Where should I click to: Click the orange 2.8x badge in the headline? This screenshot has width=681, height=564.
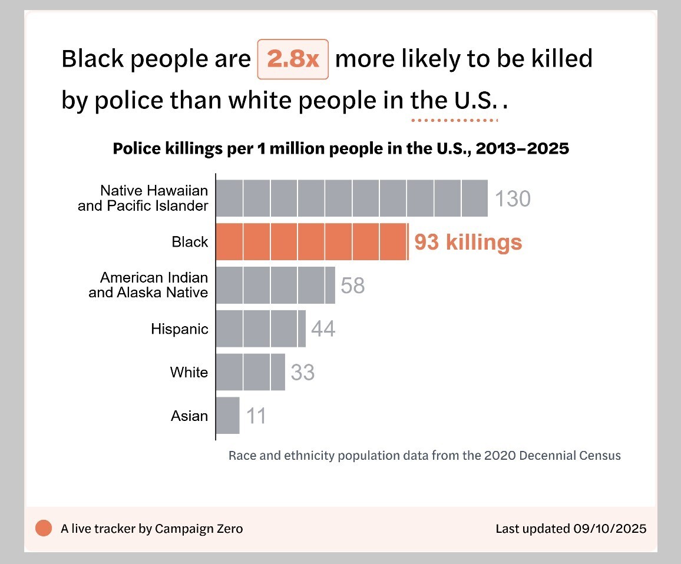point(293,59)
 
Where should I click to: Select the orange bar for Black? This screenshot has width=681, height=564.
point(312,241)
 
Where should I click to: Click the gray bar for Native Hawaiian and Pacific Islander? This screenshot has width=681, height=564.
point(352,198)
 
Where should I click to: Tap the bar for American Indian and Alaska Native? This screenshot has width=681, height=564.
point(275,285)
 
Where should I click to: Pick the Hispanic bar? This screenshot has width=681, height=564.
point(260,329)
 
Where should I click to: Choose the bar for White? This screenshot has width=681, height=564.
point(250,372)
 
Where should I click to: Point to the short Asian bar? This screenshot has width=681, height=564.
point(228,416)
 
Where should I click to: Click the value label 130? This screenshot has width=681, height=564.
point(513,199)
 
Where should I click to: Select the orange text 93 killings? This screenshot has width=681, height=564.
point(468,242)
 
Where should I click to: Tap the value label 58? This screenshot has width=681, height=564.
point(353,286)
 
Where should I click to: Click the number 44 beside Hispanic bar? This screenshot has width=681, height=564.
point(323,329)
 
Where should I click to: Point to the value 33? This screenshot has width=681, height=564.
point(303,373)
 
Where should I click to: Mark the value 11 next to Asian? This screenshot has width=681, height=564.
point(256,416)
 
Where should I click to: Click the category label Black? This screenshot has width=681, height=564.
point(190,242)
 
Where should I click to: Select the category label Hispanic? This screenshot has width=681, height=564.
point(180,329)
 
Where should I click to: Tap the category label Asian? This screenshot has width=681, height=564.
point(189,416)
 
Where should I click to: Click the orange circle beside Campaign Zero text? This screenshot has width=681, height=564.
point(44,528)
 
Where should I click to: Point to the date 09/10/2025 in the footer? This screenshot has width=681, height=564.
point(610,528)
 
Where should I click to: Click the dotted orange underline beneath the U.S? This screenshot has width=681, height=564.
point(454,121)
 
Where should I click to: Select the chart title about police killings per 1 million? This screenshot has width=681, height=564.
point(340,148)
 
